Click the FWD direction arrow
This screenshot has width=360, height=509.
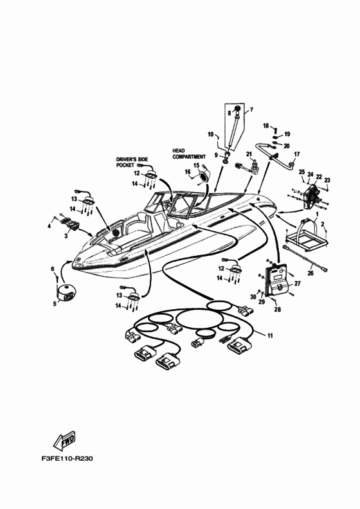(64, 441)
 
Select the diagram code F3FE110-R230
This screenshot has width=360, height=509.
(67, 459)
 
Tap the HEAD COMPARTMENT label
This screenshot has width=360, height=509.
(189, 154)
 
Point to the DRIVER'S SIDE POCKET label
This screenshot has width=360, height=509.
(132, 162)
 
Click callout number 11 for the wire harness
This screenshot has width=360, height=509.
(270, 335)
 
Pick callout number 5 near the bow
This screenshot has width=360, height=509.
(55, 303)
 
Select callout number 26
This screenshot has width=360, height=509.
(310, 273)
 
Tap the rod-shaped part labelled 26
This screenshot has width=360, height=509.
(306, 258)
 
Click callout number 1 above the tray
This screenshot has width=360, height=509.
(317, 214)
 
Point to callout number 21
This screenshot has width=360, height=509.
(249, 154)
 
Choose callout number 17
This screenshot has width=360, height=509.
(297, 154)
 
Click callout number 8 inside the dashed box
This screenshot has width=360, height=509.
(230, 113)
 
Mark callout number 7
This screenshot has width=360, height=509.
(251, 109)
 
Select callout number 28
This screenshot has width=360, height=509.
(277, 309)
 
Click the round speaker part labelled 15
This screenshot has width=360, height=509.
(204, 177)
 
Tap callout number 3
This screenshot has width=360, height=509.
(66, 236)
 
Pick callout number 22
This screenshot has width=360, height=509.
(319, 177)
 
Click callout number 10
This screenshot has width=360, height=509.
(210, 134)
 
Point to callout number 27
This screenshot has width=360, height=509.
(298, 283)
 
